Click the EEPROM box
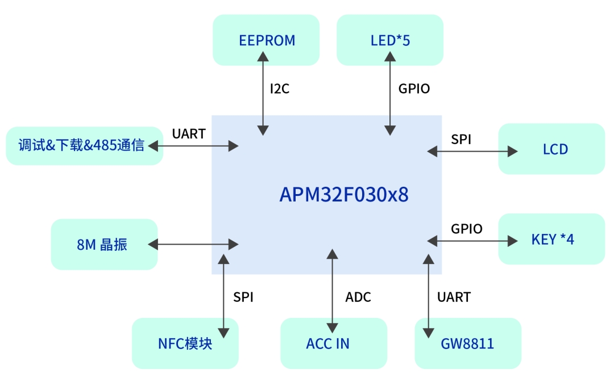[x=266, y=40]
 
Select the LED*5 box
[x=390, y=40]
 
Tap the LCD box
[x=551, y=149]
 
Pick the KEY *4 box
[x=551, y=239]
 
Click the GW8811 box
[x=468, y=343]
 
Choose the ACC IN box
[x=333, y=343]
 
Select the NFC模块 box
[x=185, y=343]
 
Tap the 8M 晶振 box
[x=103, y=245]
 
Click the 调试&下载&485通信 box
[x=84, y=146]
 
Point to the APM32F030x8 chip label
[x=344, y=195]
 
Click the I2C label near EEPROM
[x=280, y=89]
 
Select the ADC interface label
[x=358, y=297]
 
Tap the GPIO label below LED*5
[x=414, y=89]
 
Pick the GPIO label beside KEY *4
[x=467, y=229]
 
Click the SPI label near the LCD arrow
[x=461, y=139]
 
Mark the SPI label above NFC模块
[x=243, y=297]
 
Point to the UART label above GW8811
[x=454, y=297]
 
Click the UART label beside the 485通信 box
[x=189, y=134]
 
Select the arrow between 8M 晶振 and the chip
[x=193, y=245]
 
